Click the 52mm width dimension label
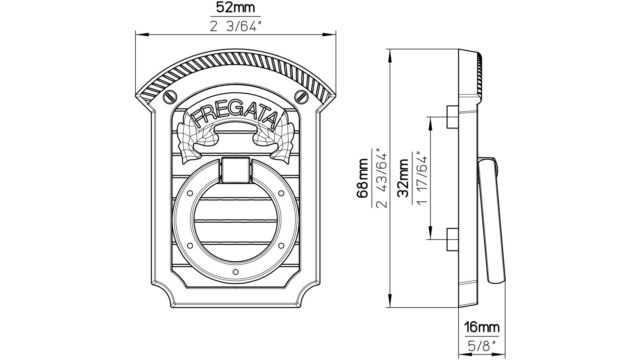[236, 8]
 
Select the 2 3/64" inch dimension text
[236, 27]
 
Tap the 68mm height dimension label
[362, 178]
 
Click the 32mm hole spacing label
[403, 178]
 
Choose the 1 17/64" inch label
[421, 178]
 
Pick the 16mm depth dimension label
[482, 327]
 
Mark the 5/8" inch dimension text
[482, 346]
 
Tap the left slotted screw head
[170, 97]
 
